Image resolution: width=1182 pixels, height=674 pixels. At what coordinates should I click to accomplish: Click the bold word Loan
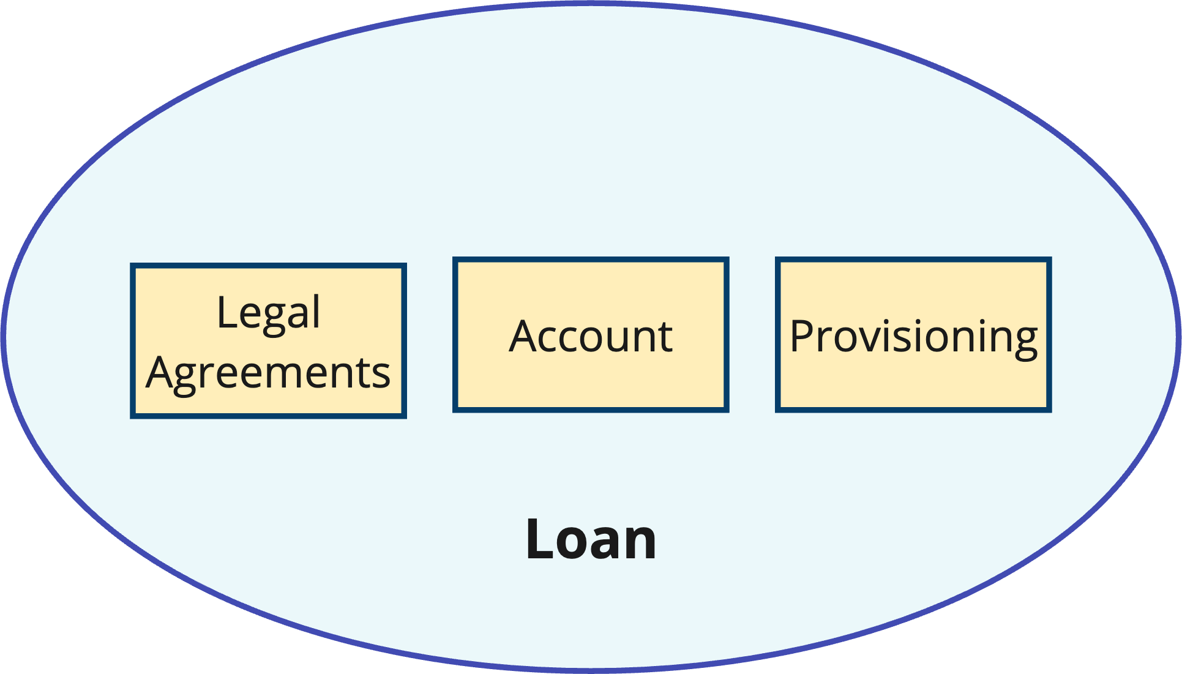[x=591, y=539]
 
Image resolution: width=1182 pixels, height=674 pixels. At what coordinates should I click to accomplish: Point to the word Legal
[x=268, y=313]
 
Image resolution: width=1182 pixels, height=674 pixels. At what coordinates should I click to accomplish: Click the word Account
[x=591, y=336]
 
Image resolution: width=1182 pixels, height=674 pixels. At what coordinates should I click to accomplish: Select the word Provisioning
[x=913, y=336]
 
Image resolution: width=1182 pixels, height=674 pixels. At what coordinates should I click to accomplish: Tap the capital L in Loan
[x=538, y=539]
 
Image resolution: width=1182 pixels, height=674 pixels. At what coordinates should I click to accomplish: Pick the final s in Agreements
[x=381, y=375]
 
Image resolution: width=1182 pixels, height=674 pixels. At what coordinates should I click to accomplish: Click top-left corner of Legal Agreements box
[x=132, y=266]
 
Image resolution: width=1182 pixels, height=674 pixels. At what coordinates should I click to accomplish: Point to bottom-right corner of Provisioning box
[x=1050, y=410]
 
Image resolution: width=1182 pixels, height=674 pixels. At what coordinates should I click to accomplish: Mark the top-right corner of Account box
[x=727, y=260]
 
